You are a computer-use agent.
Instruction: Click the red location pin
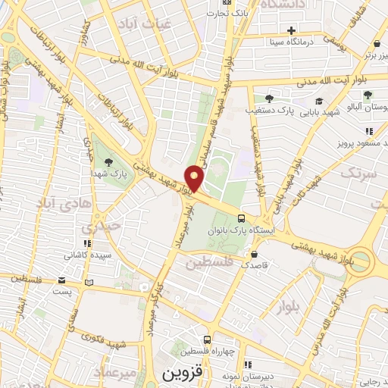(x=195, y=178)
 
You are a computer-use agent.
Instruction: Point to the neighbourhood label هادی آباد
(x=54, y=202)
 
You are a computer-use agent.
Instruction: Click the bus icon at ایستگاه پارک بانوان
(x=241, y=217)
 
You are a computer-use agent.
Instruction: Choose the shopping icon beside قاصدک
(x=253, y=254)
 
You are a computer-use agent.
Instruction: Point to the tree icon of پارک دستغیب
(x=269, y=98)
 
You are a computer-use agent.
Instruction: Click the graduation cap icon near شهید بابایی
(x=319, y=102)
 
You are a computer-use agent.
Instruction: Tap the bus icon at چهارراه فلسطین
(x=206, y=340)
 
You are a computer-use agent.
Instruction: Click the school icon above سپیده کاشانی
(x=88, y=243)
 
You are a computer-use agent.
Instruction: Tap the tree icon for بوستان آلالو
(x=368, y=95)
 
